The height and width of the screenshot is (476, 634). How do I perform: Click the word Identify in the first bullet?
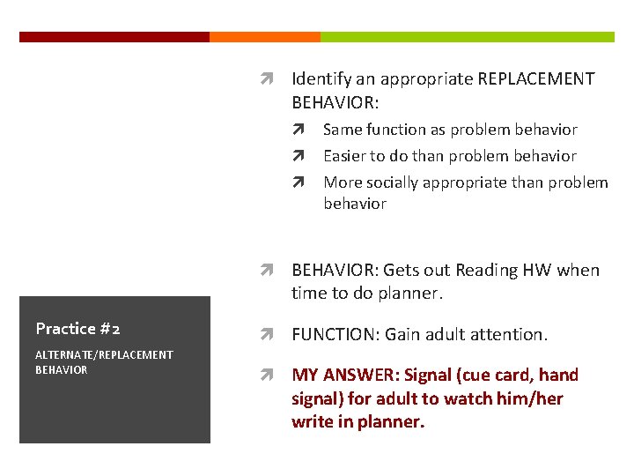coord(320,79)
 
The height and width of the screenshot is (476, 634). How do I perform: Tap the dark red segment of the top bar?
coord(114,37)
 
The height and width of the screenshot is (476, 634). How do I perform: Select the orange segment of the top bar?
coord(264,37)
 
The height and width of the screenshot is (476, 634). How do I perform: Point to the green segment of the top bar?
coord(467,37)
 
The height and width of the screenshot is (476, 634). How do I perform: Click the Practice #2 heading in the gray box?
coord(78,329)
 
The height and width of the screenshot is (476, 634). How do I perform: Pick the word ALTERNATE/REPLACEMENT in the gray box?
coord(104,354)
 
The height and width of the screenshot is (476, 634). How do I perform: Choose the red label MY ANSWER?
coord(344,376)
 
